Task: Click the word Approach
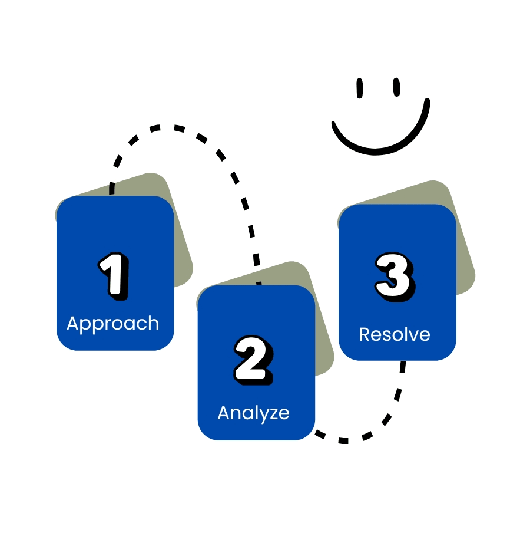click(x=113, y=324)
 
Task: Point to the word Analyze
click(x=253, y=413)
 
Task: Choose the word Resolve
click(x=395, y=334)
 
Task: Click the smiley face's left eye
click(x=360, y=88)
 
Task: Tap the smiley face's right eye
click(x=397, y=87)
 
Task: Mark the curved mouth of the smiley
click(x=379, y=142)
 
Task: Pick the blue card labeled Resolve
click(x=397, y=236)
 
